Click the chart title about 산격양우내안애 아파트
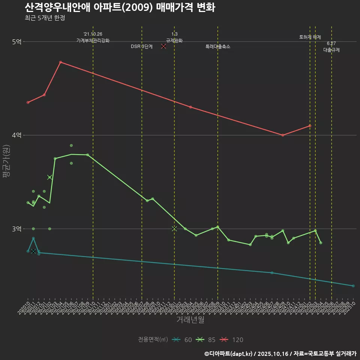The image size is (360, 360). coord(120,7)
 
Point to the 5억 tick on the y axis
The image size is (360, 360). coord(16,42)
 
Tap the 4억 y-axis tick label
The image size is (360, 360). coord(16,135)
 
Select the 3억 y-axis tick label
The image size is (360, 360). coord(16,229)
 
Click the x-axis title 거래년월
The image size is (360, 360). coord(190,320)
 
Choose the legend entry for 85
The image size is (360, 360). coord(206,340)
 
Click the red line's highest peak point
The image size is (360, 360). coord(60,62)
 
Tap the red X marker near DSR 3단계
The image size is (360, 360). coord(163,46)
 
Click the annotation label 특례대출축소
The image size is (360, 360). coord(218,47)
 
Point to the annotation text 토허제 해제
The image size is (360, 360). coord(310,37)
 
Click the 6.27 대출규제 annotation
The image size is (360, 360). coord(331,47)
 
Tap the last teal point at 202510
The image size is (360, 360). coord(353,286)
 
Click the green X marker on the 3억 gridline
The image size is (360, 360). coord(174,229)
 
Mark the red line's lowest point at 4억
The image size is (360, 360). coord(283,135)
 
